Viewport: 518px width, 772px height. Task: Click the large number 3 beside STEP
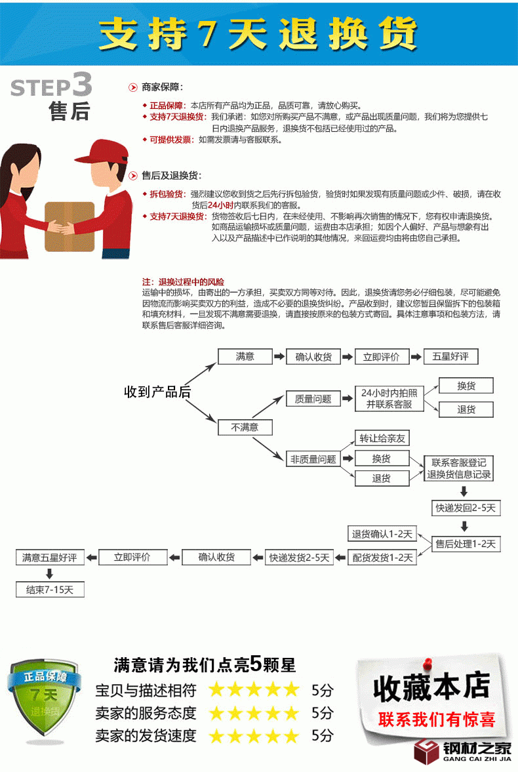point(82,85)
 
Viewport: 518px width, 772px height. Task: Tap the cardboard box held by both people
point(70,226)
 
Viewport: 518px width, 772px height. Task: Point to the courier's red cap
point(98,152)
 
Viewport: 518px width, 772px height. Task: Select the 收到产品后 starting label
point(157,392)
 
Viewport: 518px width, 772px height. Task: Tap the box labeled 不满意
point(245,428)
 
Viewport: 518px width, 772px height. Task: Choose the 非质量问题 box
point(313,460)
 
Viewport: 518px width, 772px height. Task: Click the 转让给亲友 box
point(382,438)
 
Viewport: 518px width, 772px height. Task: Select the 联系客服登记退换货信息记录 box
point(459,468)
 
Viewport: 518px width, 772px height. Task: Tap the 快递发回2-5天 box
point(466,508)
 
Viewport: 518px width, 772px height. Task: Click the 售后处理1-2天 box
point(466,544)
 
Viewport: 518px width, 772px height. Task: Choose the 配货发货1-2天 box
point(382,558)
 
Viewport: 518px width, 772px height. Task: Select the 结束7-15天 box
point(50,590)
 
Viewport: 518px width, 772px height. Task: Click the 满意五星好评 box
point(50,558)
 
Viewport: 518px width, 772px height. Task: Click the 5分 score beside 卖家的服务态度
point(323,712)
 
